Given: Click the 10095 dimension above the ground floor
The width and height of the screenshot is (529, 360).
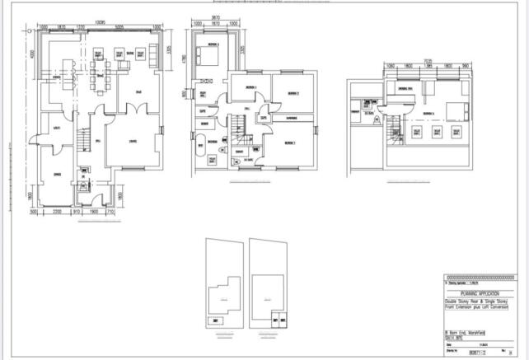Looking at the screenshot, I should pos(99,21).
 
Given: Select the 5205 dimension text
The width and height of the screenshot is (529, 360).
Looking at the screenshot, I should pos(120,28).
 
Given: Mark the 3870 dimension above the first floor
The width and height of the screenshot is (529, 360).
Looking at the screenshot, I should pos(215,16).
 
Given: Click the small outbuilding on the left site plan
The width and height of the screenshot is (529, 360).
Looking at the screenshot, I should pos(216,320).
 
